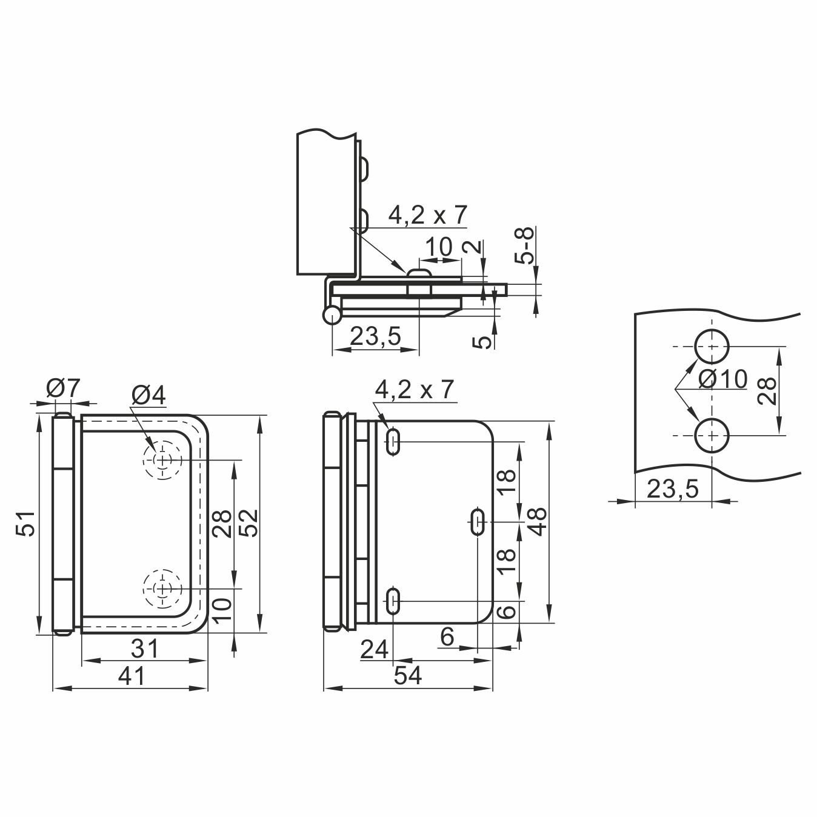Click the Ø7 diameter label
point(64,388)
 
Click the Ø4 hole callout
point(148,396)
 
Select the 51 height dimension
point(27,524)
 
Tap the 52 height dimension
point(250,523)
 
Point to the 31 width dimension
point(144,649)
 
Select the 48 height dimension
point(538,521)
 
